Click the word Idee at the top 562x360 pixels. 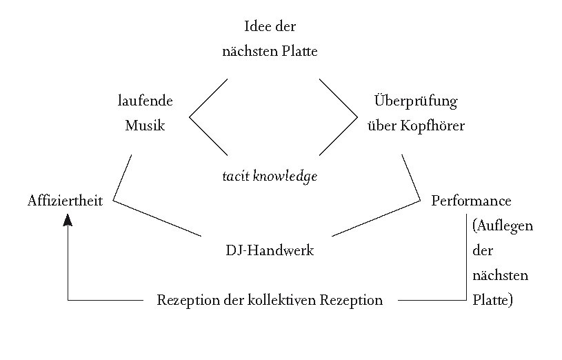point(257,27)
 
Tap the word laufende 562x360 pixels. point(145,101)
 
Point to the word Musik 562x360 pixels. point(145,126)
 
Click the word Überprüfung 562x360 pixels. point(416,101)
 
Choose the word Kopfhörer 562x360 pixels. point(434,126)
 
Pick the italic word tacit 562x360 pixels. point(234,177)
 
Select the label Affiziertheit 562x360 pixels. point(66,201)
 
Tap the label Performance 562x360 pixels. point(471,201)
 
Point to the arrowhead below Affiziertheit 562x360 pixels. point(68,220)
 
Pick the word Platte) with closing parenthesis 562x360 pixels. point(493,301)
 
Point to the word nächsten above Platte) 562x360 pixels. point(501,276)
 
